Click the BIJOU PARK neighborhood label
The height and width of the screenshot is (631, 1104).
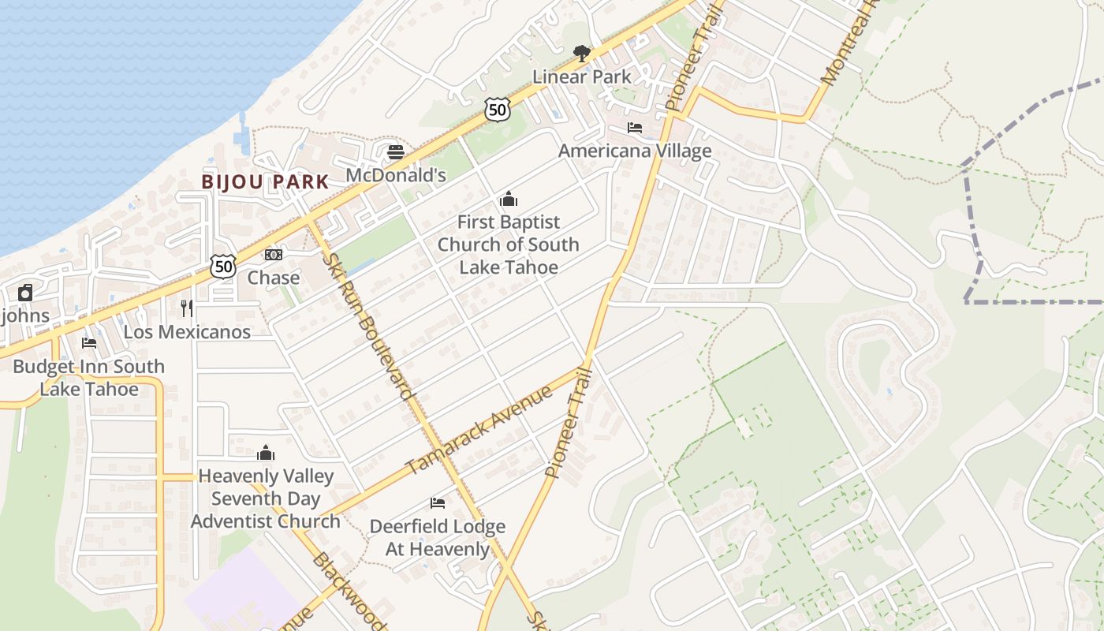[x=265, y=181]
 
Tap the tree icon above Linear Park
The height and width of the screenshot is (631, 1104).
[x=582, y=54]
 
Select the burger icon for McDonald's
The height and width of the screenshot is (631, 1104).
[x=396, y=152]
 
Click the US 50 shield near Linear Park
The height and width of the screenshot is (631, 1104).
[x=497, y=110]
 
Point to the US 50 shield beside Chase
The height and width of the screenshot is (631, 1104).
[x=223, y=267]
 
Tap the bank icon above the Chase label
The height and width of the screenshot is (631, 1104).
[x=274, y=255]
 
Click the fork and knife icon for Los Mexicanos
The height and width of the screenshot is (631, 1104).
[x=187, y=308]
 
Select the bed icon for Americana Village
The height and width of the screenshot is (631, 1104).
[x=635, y=128]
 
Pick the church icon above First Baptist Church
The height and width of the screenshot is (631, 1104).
[x=509, y=199]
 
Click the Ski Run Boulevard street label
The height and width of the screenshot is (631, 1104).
[x=369, y=326]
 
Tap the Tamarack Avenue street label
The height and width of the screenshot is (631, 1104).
[x=479, y=430]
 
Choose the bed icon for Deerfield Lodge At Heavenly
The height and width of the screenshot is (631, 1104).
[x=438, y=503]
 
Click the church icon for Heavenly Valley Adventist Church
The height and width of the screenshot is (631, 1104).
[x=266, y=453]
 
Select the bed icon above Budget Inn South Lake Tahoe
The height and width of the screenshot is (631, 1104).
[x=89, y=343]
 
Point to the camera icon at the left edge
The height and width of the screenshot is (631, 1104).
[x=25, y=293]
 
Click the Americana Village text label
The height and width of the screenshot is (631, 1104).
[x=635, y=151]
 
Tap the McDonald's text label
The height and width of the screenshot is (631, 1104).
[x=396, y=175]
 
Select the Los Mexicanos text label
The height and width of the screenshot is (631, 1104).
[x=187, y=331]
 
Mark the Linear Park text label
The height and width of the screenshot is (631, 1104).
[x=582, y=77]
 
